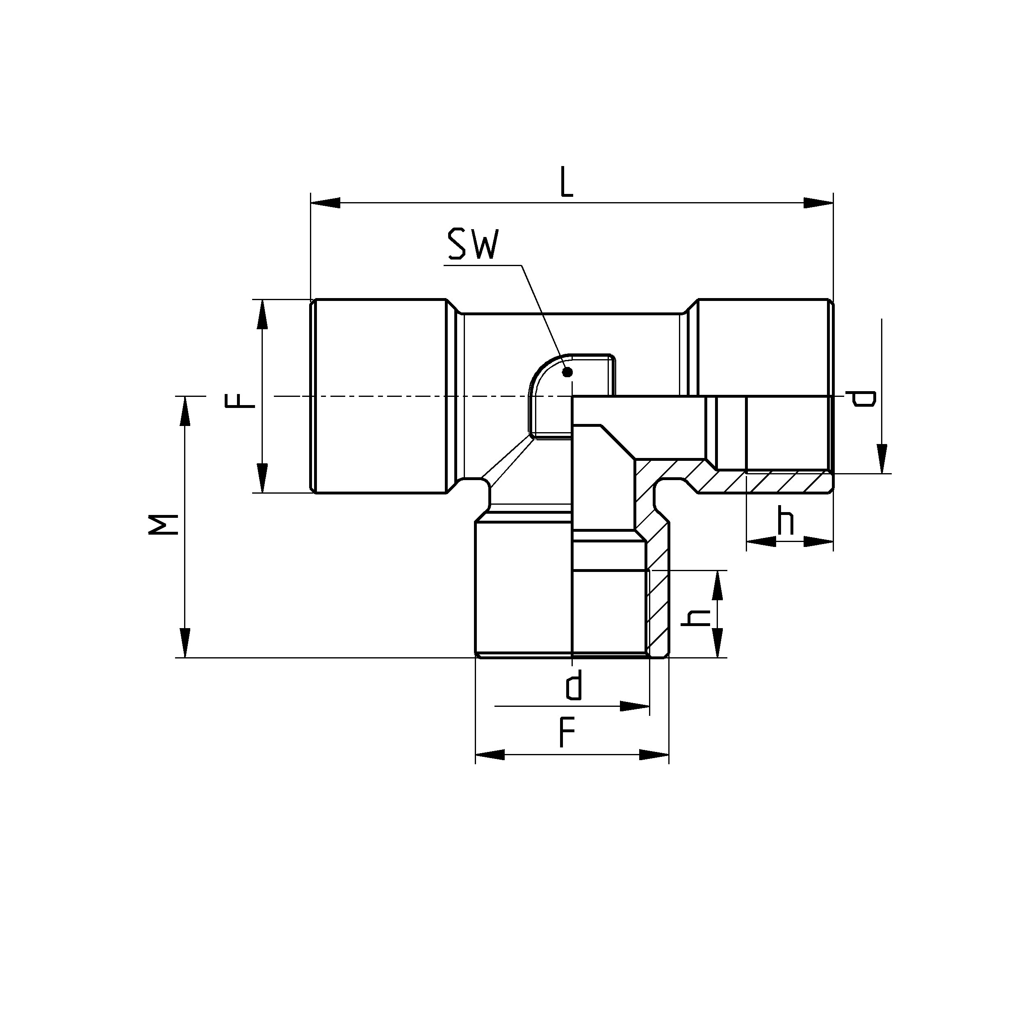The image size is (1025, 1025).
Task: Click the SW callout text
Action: pyautogui.click(x=473, y=245)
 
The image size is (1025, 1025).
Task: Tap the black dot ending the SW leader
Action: pyautogui.click(x=567, y=372)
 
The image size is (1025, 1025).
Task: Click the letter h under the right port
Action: pyautogui.click(x=786, y=521)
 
